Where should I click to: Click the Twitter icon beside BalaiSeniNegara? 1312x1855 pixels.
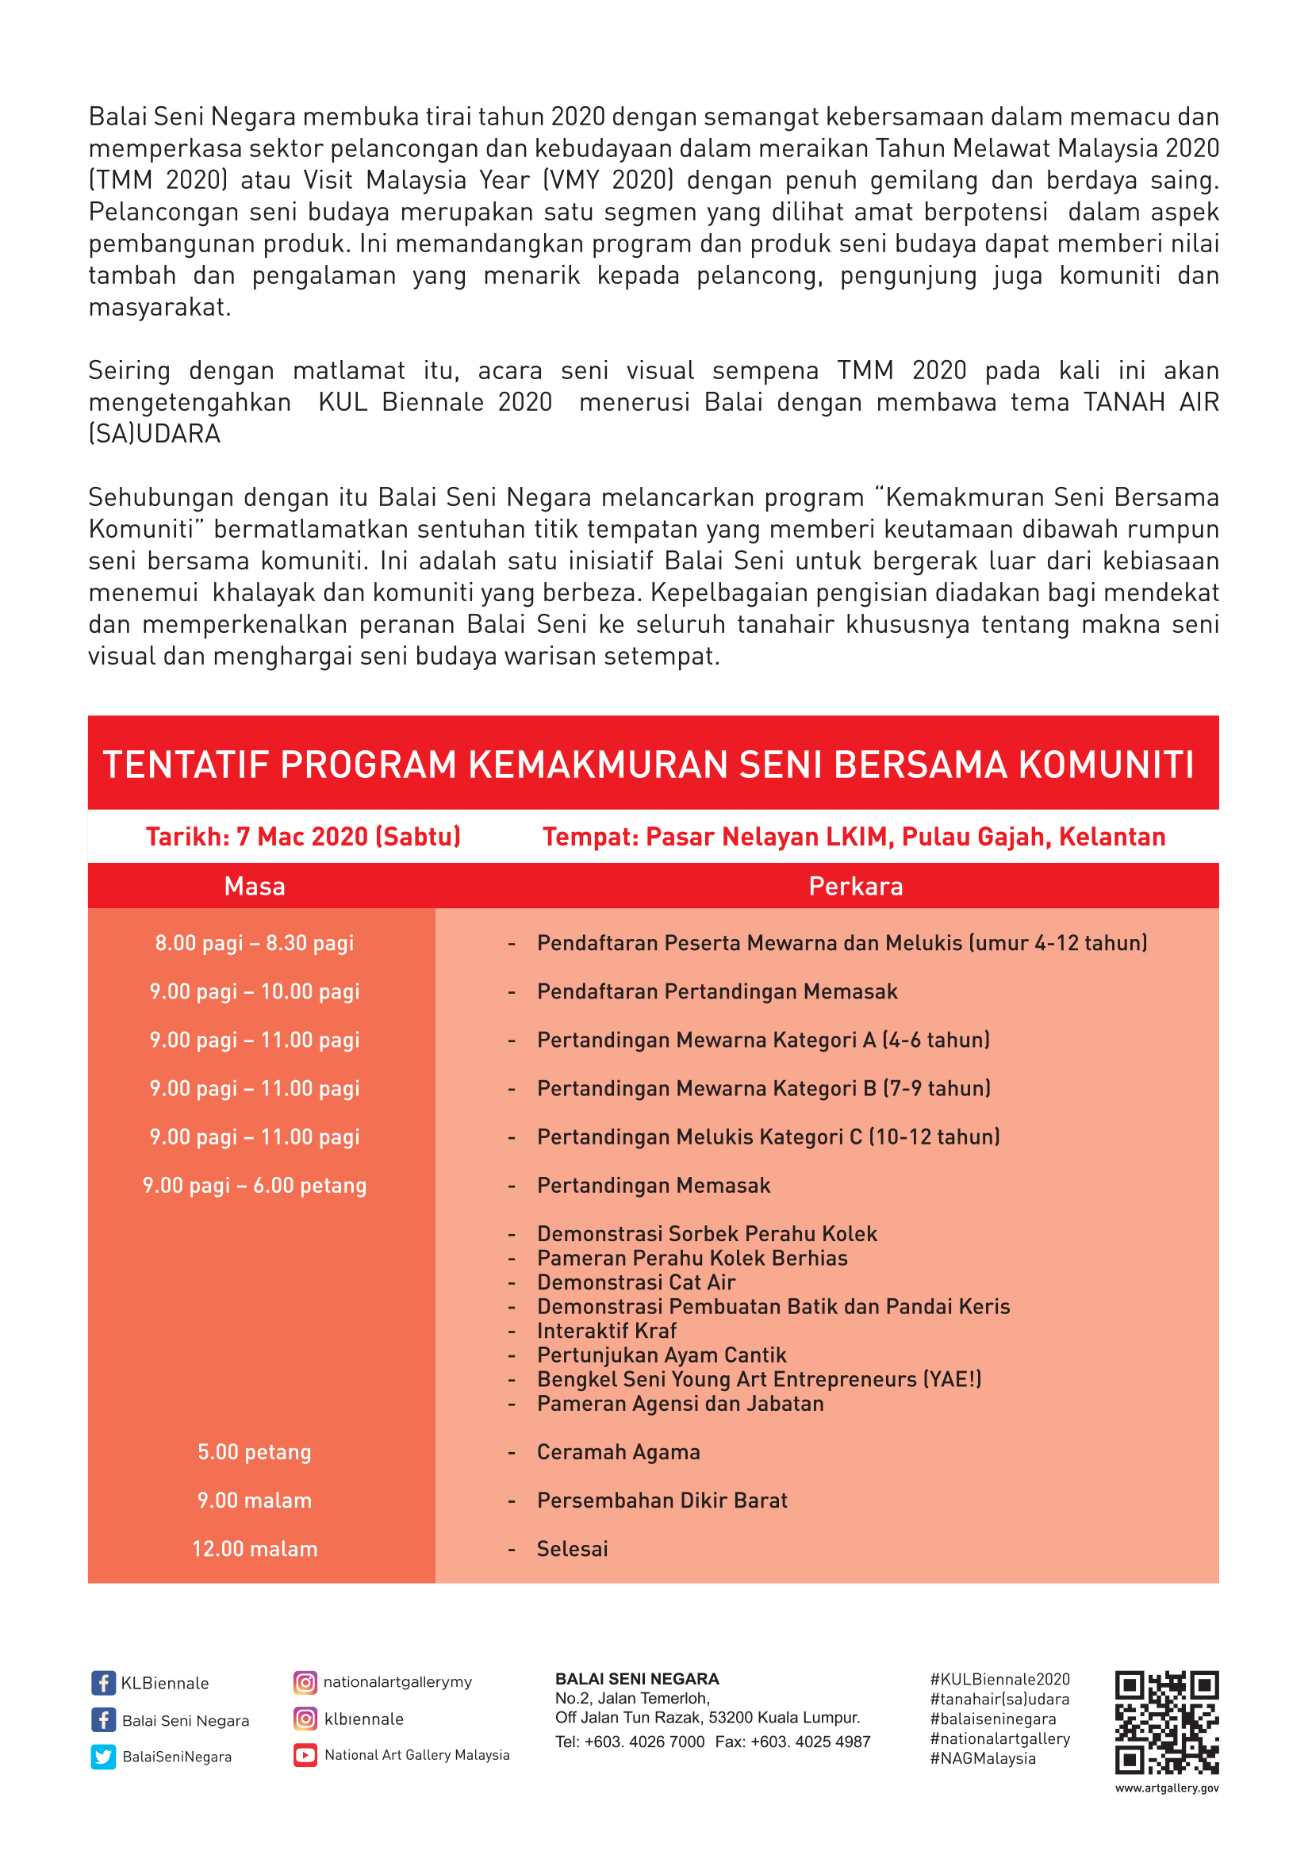103,1757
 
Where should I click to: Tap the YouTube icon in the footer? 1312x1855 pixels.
305,1755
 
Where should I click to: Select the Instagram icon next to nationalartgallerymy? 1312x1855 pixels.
305,1682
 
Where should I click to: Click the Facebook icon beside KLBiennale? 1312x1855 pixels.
102,1683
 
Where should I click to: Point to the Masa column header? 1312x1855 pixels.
255,887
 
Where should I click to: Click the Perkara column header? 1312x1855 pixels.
856,887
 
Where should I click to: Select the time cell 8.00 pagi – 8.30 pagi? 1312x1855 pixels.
255,943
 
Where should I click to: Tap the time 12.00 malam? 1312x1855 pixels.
255,1549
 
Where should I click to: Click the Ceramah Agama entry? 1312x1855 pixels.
618,1452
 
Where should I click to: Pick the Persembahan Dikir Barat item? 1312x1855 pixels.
662,1500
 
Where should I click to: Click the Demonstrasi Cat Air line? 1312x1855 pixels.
636,1282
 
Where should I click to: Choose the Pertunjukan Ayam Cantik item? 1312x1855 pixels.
662,1355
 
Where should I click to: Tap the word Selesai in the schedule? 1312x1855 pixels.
572,1549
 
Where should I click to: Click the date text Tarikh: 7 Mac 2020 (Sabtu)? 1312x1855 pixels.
303,836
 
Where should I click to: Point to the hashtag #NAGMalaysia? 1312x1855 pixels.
982,1759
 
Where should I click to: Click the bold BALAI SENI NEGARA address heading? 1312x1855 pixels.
637,1679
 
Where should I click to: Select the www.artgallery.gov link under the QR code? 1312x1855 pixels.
1167,1788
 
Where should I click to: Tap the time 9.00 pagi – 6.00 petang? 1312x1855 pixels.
255,1185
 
